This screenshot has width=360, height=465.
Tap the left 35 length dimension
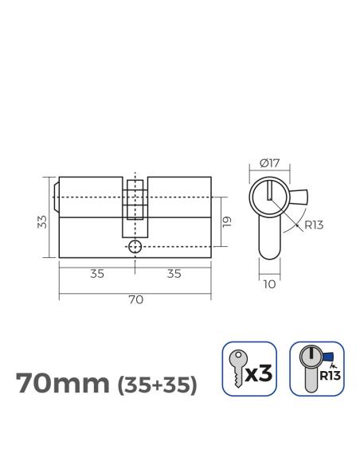point(97,273)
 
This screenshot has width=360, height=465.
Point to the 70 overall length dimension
point(135,299)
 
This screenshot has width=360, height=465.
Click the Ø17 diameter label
point(269,164)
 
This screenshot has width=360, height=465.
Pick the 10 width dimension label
point(269,282)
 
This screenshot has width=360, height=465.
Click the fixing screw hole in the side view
point(135,246)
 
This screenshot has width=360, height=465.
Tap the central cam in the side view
point(135,199)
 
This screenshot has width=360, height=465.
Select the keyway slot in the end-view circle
point(270,192)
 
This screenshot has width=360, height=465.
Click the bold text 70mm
point(63,383)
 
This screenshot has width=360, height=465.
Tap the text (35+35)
point(156,385)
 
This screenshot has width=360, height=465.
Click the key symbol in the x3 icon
point(237,370)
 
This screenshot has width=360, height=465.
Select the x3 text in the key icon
point(260,372)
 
